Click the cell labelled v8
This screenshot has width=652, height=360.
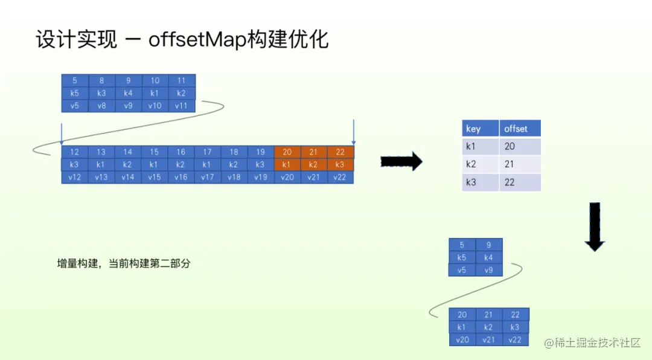(x=102, y=106)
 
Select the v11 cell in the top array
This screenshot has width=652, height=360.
(x=182, y=106)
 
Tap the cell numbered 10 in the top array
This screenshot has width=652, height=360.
(x=155, y=81)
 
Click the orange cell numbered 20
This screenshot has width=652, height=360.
(x=287, y=152)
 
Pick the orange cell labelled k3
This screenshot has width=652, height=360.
(x=340, y=164)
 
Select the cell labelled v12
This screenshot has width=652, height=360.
(x=75, y=177)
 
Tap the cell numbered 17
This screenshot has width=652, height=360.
(x=207, y=152)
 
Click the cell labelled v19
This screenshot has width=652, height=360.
(x=260, y=177)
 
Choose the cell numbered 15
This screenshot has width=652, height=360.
(x=155, y=152)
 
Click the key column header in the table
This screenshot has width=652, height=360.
(x=480, y=128)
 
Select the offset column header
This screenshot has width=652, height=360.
(x=519, y=128)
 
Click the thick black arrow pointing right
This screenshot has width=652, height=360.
(x=401, y=161)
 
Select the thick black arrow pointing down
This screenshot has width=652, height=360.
(x=595, y=227)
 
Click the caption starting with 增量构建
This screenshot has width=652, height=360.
(x=124, y=263)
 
